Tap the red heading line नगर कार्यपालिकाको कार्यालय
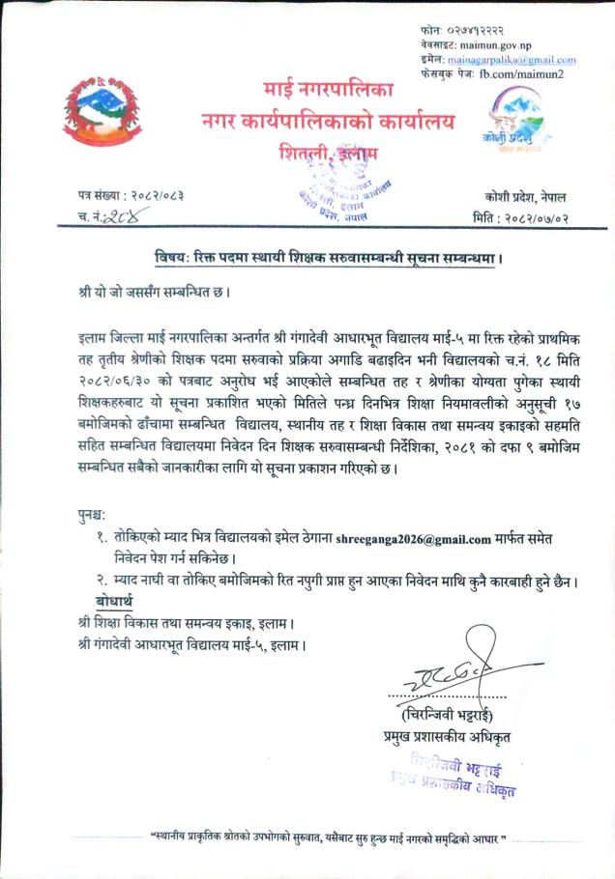(x=328, y=123)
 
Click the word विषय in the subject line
(x=172, y=259)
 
